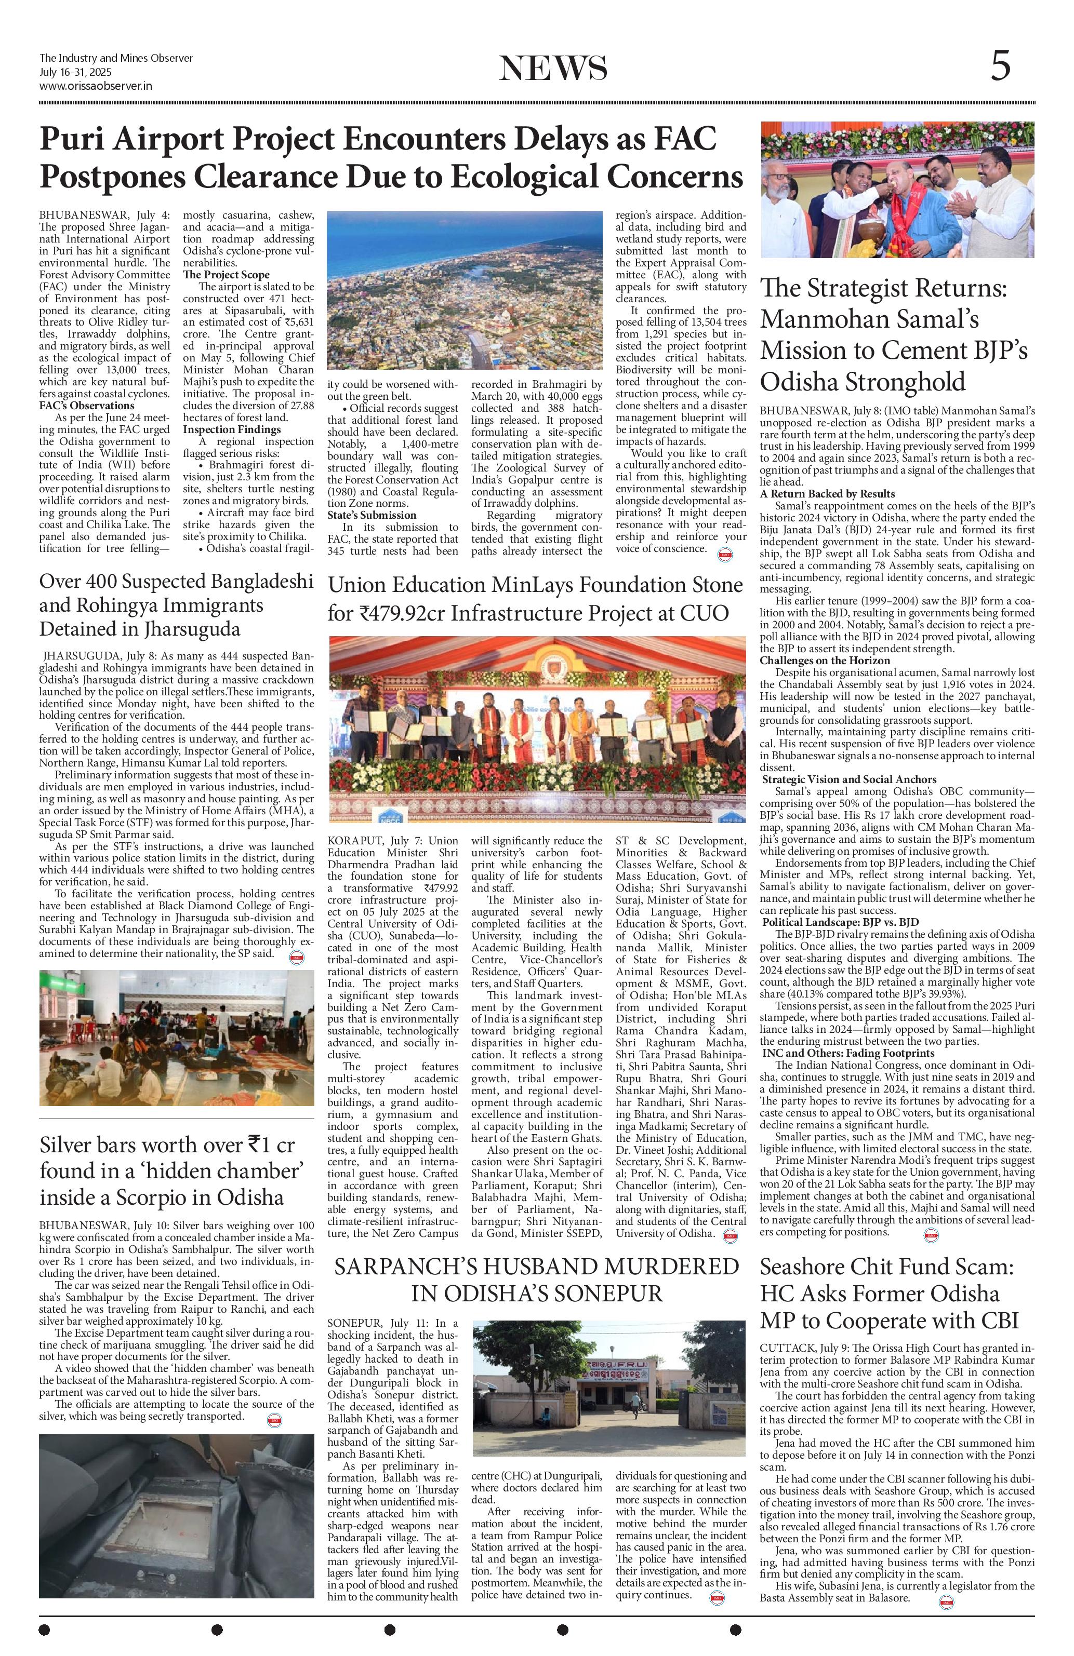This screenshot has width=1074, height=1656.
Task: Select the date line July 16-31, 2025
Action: click(76, 72)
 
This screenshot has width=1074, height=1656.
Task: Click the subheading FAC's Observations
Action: click(87, 406)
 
